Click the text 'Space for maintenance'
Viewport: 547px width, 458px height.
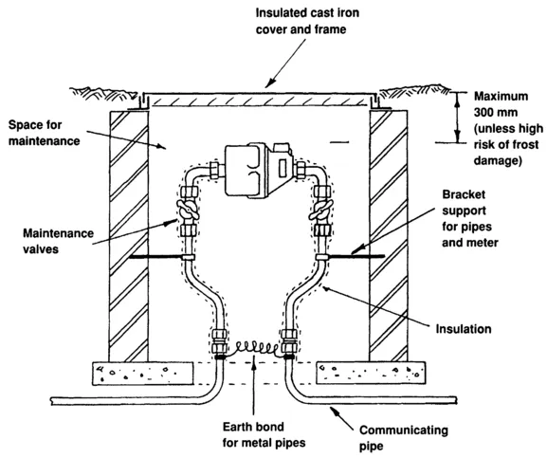click(48, 133)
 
